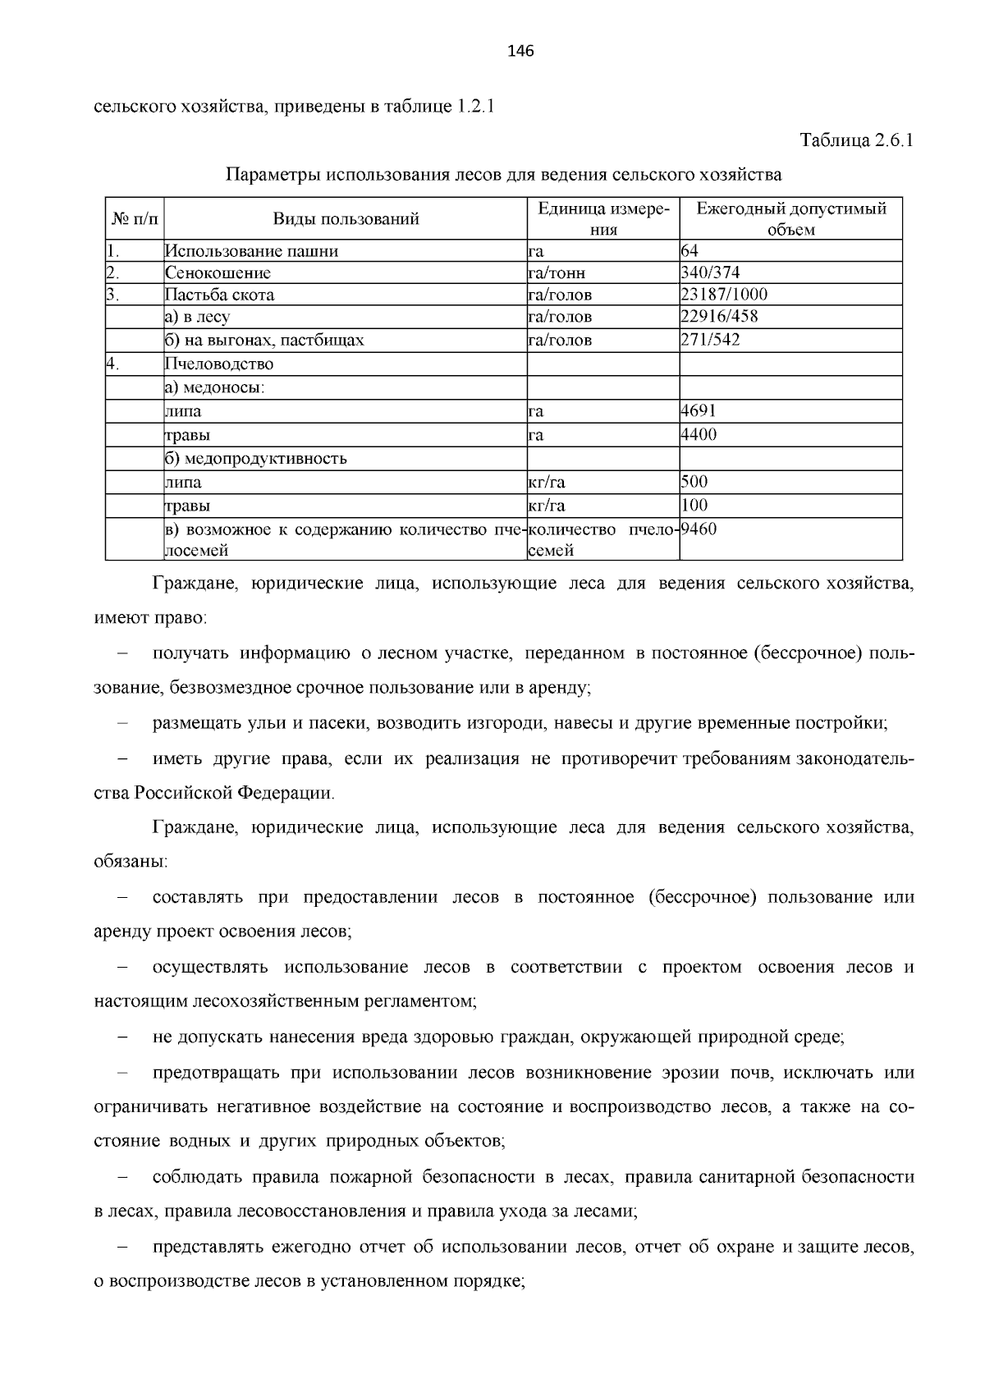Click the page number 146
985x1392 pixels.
520,52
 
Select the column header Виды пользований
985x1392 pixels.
346,219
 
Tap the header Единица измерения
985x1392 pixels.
603,219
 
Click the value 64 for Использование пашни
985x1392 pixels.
689,251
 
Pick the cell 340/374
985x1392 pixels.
711,272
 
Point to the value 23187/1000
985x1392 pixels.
724,295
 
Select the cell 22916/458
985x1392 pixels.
718,317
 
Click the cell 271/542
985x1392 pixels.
711,340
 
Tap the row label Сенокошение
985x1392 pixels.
218,273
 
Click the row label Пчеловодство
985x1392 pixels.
219,364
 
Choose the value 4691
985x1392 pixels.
699,410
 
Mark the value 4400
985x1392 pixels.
699,434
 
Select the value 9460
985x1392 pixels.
699,529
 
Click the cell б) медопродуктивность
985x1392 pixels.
255,458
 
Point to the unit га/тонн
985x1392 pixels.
557,273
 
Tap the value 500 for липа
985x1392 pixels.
694,482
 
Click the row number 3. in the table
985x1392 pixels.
113,295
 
